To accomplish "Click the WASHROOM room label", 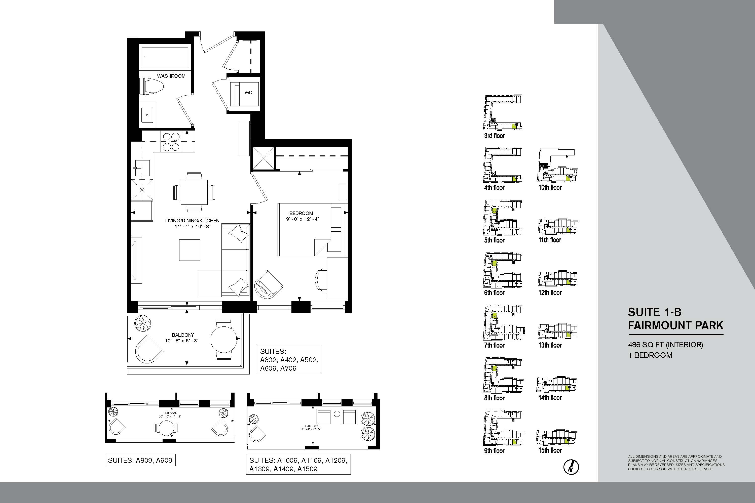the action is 171,76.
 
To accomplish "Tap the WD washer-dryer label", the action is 248,93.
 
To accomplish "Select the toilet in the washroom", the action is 152,87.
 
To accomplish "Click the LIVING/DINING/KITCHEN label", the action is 192,221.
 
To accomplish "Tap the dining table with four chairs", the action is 194,192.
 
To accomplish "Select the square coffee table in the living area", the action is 190,250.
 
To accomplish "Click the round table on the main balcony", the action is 224,339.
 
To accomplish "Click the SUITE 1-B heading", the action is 655,312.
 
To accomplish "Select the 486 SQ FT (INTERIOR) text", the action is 665,345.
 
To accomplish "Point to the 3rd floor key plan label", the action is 494,136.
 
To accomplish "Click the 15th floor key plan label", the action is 550,450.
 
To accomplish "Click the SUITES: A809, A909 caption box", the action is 140,460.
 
